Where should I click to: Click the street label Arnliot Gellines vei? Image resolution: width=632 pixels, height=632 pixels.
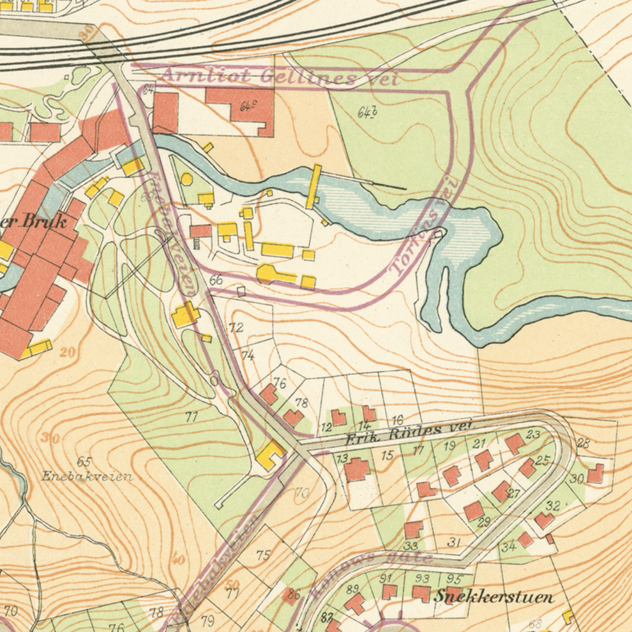coord(279,77)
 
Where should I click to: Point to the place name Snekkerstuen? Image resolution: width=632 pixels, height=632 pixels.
coord(493,597)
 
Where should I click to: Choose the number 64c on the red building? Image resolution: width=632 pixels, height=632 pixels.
coord(248,107)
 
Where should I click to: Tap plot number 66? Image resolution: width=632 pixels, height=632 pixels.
coord(216,280)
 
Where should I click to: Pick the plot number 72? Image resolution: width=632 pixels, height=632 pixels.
coord(236,327)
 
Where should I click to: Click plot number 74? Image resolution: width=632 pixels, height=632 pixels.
coord(248,355)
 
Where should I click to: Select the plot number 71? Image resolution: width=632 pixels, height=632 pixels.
coord(191,417)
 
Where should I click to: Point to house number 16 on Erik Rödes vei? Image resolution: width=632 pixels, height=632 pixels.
coord(397,420)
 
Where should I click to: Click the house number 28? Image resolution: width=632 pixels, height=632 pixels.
coord(583,443)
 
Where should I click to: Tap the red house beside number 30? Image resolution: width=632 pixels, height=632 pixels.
coord(596,473)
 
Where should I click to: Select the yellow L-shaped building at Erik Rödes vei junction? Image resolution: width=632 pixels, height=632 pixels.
coord(271,456)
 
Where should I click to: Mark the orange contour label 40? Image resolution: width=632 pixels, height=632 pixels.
coord(178,560)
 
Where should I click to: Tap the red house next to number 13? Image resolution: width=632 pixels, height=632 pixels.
coord(357,469)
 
